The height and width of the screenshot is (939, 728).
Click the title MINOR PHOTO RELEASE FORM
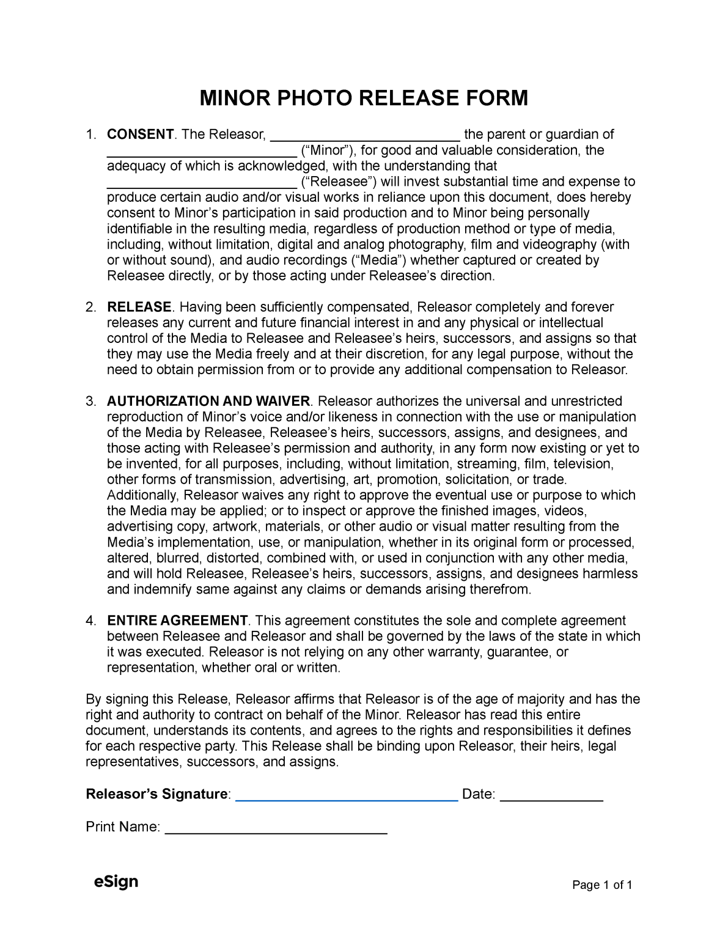click(364, 98)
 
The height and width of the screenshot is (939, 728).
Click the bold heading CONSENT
click(140, 134)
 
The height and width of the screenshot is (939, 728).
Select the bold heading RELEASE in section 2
click(139, 307)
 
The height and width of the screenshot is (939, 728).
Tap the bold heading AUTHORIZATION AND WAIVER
click(208, 401)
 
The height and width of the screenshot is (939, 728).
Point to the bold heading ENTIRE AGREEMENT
click(177, 620)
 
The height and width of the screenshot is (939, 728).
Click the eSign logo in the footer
click(116, 882)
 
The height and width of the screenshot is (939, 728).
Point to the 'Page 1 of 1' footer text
click(602, 885)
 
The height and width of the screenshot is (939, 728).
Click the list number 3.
click(90, 402)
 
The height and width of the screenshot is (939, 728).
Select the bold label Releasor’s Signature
click(156, 794)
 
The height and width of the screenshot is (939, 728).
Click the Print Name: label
click(123, 827)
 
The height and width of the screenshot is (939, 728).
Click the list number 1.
click(90, 134)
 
